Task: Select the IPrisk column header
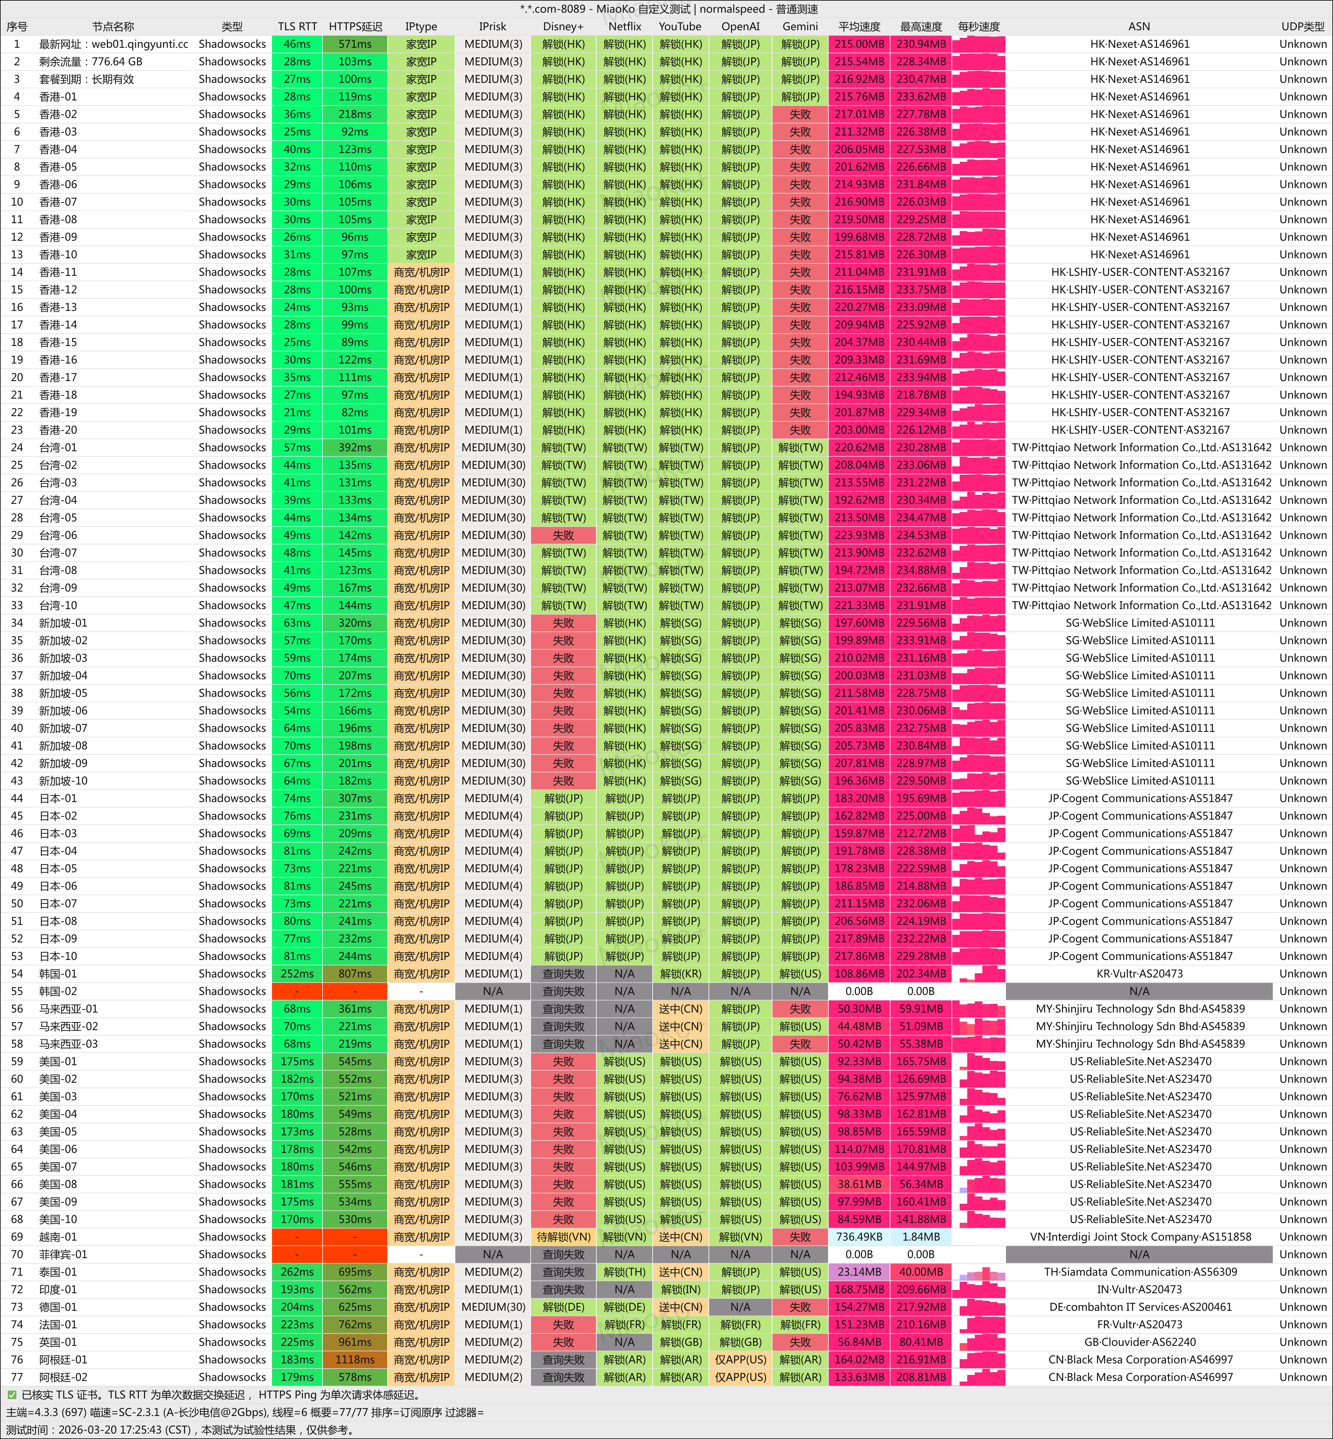(493, 27)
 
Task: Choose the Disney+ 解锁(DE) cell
(563, 1307)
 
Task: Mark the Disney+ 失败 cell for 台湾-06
(563, 535)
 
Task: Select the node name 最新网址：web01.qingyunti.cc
(113, 44)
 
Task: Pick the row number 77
(17, 1377)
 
